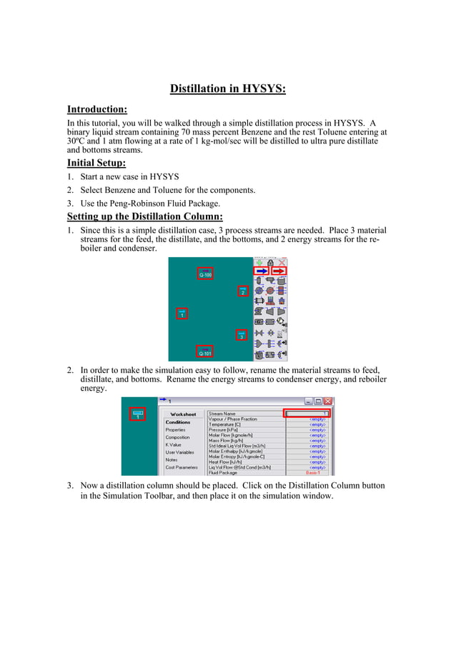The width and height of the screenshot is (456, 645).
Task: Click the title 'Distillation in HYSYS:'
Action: (227, 89)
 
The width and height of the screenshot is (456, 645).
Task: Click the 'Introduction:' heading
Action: (97, 109)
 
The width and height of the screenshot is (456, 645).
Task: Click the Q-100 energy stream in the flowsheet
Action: (204, 274)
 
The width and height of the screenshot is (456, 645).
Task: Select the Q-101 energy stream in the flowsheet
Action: (204, 351)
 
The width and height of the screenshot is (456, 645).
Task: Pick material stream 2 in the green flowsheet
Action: (242, 291)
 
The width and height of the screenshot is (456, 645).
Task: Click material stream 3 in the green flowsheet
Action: (242, 335)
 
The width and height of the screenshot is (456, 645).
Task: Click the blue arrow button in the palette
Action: (262, 271)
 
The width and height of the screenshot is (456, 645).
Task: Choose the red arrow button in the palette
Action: (279, 271)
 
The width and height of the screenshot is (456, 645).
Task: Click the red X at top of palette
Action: (282, 262)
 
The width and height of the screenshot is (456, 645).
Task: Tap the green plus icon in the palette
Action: (259, 262)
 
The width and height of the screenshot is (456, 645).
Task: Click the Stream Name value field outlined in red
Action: (308, 414)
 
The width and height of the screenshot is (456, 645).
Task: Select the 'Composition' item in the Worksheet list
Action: (177, 437)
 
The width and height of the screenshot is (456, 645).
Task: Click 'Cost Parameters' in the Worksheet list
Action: (182, 467)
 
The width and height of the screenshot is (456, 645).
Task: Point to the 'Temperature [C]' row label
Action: (224, 424)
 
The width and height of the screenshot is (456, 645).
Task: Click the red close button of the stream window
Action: (328, 401)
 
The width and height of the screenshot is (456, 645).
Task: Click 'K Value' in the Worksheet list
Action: (174, 444)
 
